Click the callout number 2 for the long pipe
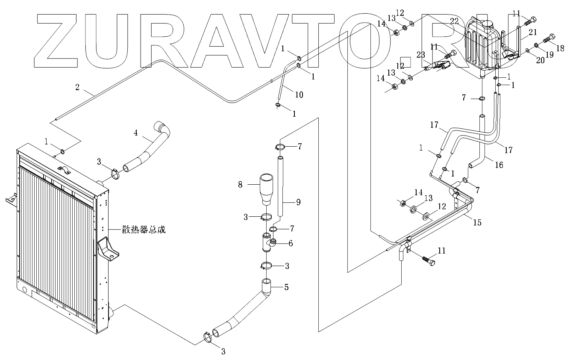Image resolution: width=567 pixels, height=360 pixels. (77, 87)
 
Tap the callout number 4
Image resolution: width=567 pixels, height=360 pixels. (135, 133)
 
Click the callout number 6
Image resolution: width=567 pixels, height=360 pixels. (290, 243)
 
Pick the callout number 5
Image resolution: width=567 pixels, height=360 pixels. (286, 287)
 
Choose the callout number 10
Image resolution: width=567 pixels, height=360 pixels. (299, 94)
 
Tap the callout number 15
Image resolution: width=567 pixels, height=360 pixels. (478, 222)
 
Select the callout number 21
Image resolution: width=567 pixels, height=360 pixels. (532, 32)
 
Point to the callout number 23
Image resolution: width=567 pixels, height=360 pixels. (421, 55)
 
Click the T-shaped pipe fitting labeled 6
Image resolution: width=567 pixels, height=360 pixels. (268, 242)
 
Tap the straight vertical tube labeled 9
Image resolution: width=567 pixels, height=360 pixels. (280, 188)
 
